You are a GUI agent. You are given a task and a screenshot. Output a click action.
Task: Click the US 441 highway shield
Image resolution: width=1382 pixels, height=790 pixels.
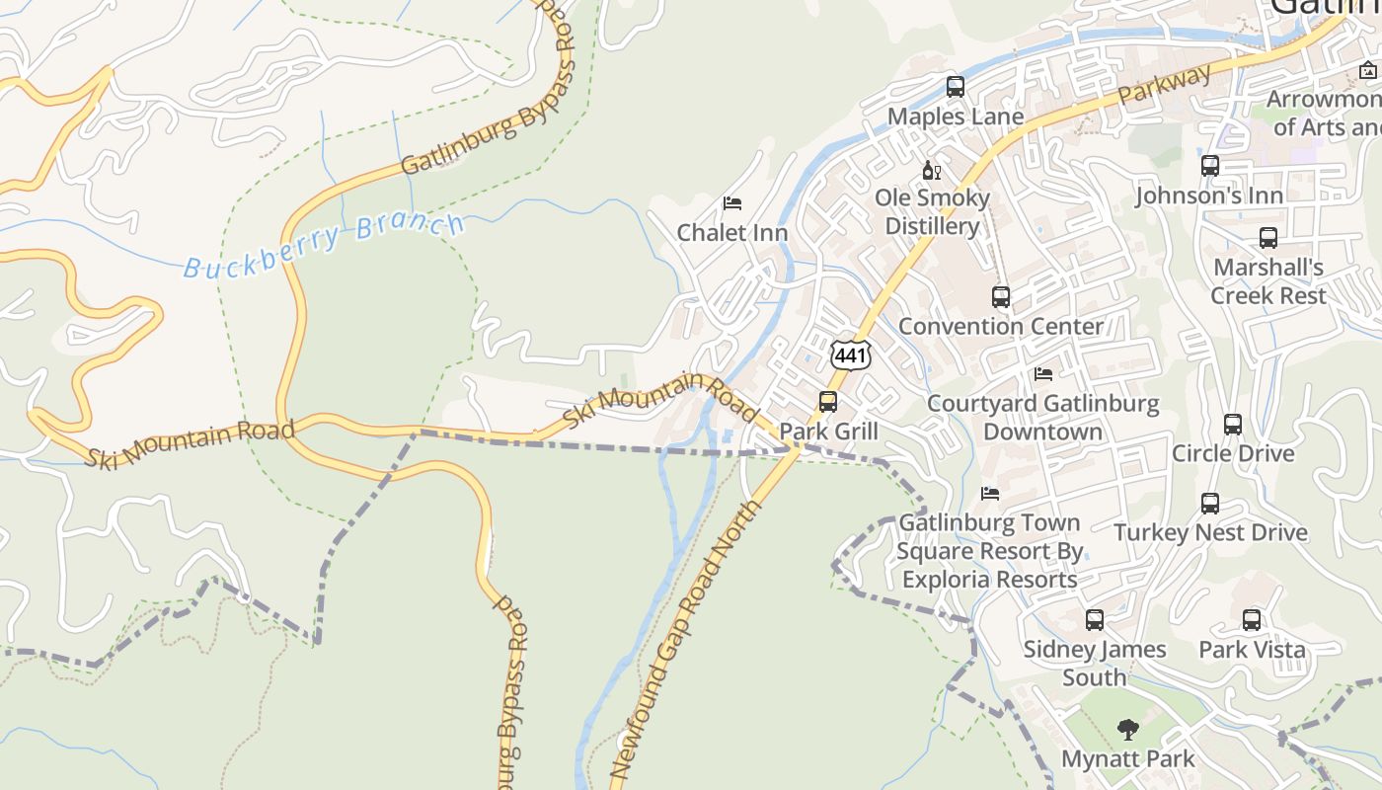(x=850, y=355)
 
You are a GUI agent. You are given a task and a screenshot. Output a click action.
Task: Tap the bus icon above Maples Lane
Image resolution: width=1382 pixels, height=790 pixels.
(x=955, y=87)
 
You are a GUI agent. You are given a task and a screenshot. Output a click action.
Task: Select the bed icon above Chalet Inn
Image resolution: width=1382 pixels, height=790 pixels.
(x=731, y=203)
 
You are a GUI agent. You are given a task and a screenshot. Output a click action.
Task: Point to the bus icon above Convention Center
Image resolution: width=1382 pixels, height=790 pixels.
(x=1000, y=296)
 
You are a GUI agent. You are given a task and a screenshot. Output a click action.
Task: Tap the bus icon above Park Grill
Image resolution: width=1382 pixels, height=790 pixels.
(x=827, y=402)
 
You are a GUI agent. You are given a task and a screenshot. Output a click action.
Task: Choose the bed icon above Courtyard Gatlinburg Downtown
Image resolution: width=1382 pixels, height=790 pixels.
(x=1042, y=374)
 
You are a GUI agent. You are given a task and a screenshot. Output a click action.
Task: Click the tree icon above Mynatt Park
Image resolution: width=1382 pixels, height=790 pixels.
(x=1127, y=730)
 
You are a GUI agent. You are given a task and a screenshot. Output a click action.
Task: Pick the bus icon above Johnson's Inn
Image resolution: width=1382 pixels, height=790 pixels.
(x=1209, y=166)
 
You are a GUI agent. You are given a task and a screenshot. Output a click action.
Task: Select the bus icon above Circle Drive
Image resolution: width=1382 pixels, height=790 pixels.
(x=1232, y=425)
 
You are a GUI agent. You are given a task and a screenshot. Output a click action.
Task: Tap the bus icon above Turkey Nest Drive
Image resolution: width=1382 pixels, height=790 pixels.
(x=1210, y=504)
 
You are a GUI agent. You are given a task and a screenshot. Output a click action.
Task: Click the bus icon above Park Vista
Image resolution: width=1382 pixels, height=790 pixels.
(x=1251, y=620)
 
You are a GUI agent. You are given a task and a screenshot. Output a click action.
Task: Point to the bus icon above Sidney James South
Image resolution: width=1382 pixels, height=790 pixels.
(x=1094, y=620)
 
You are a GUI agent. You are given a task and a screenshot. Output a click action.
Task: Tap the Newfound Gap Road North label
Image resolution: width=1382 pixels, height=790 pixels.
(x=687, y=640)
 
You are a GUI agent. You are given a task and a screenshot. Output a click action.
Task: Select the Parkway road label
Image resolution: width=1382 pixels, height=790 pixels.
(x=1165, y=87)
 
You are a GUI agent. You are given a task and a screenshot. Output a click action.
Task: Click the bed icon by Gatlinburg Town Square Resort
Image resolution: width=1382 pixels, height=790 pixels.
(x=990, y=493)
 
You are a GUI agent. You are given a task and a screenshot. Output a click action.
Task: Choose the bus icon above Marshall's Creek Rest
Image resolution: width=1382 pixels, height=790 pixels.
(x=1267, y=238)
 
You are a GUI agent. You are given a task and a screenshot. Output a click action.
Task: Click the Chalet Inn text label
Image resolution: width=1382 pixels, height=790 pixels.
(x=731, y=233)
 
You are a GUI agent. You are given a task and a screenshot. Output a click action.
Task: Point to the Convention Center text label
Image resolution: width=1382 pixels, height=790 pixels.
(x=1000, y=326)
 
